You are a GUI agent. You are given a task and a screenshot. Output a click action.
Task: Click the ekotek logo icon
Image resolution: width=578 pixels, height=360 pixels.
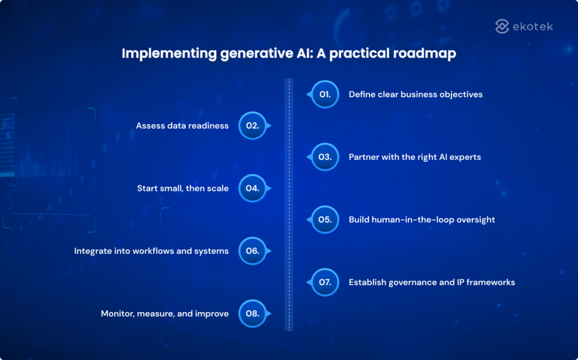pyautogui.click(x=502, y=26)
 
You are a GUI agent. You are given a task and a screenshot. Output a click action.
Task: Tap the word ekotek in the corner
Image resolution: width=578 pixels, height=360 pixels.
pyautogui.click(x=532, y=26)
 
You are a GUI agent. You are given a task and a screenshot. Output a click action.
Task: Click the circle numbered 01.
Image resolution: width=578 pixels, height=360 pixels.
pyautogui.click(x=325, y=94)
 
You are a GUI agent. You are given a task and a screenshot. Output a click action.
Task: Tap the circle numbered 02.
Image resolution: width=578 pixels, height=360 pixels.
pyautogui.click(x=252, y=126)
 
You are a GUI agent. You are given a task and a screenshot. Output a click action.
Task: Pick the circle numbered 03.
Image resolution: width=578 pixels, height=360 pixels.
pyautogui.click(x=325, y=157)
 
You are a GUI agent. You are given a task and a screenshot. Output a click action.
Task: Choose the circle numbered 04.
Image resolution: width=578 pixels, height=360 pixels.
pyautogui.click(x=252, y=188)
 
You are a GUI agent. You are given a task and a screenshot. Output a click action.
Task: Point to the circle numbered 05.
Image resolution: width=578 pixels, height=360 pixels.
pyautogui.click(x=325, y=219)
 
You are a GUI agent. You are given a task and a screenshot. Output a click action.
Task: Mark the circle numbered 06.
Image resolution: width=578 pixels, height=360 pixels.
pyautogui.click(x=252, y=251)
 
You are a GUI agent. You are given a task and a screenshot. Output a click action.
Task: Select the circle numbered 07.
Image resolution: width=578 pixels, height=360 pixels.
pyautogui.click(x=325, y=282)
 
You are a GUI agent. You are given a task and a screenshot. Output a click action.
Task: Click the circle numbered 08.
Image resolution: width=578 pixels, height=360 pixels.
pyautogui.click(x=252, y=314)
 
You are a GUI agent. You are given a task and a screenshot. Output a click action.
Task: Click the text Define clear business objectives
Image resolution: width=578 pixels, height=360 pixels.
pyautogui.click(x=415, y=94)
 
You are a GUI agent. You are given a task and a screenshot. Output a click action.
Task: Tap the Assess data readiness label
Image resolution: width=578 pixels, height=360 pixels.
pyautogui.click(x=182, y=126)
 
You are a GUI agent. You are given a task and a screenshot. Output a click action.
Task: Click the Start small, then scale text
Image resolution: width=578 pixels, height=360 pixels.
pyautogui.click(x=183, y=188)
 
